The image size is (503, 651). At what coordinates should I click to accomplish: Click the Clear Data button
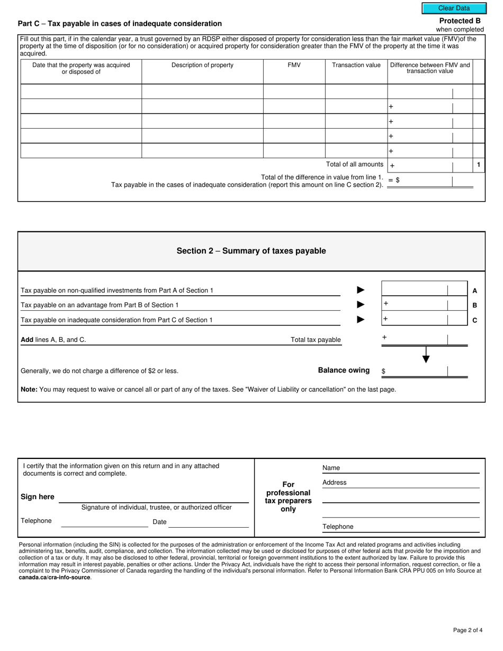[454, 8]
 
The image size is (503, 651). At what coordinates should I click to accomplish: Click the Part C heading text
[120, 23]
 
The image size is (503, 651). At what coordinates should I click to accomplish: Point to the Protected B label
[460, 21]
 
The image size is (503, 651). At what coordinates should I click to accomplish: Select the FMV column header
[294, 65]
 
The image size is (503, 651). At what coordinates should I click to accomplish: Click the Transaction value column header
[356, 65]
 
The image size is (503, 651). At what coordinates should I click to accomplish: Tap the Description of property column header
[202, 65]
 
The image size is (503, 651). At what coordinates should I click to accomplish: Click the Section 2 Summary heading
[251, 251]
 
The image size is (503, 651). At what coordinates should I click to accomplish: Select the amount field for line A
[414, 290]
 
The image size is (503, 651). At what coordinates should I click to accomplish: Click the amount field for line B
[414, 305]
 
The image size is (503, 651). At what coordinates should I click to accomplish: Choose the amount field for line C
[414, 319]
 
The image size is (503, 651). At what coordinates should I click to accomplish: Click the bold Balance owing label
[344, 370]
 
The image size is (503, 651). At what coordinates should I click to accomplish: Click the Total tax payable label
[316, 340]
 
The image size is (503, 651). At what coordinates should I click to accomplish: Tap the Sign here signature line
[154, 498]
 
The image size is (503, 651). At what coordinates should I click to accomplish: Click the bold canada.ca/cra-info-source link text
[55, 577]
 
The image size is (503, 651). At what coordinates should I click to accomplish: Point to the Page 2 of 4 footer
[468, 630]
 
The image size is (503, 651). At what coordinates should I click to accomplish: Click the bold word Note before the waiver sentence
[29, 390]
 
